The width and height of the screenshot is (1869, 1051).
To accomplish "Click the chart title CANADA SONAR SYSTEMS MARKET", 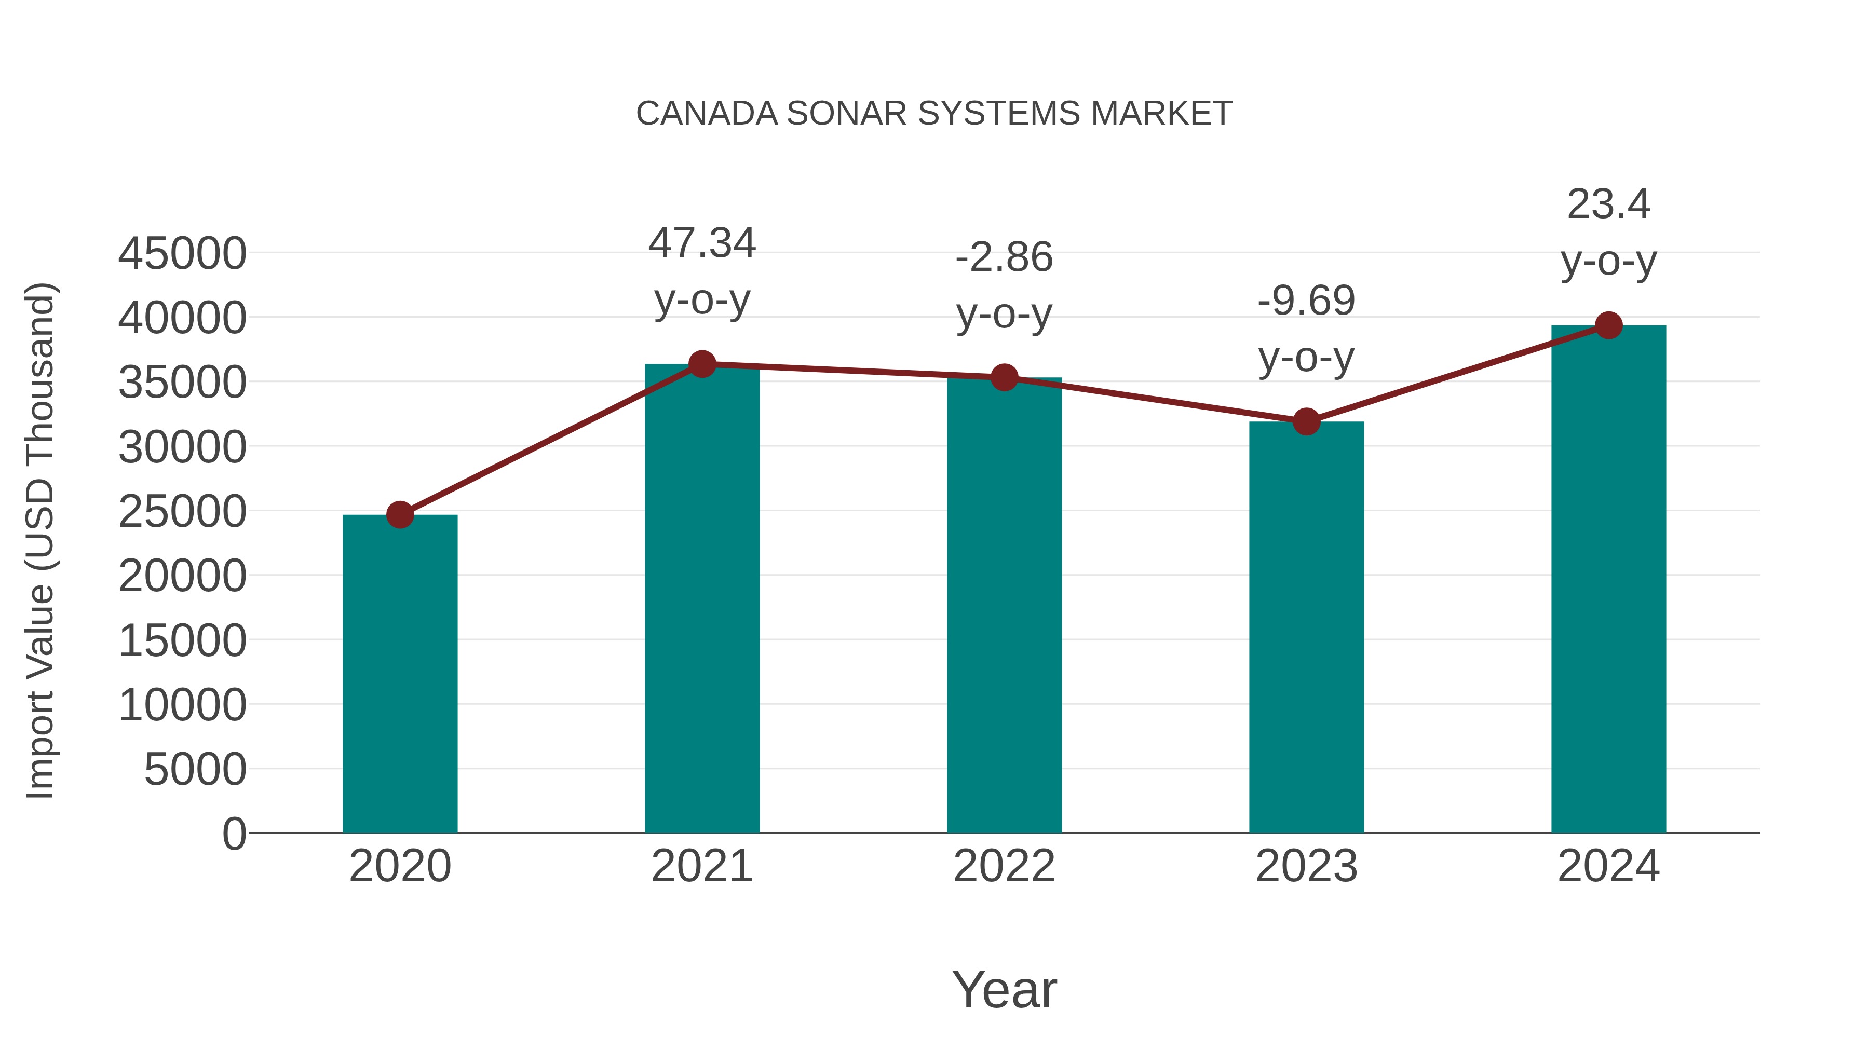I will (x=934, y=114).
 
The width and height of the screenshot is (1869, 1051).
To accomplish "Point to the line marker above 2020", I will (x=400, y=515).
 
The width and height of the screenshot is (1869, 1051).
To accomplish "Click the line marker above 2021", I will (x=701, y=364).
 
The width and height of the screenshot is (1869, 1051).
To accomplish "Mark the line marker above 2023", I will (x=1306, y=421).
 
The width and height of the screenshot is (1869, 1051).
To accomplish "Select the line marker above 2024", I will (x=1608, y=325).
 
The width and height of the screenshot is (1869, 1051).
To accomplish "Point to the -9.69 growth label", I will (x=1306, y=301).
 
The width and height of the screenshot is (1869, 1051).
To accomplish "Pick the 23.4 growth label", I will (x=1608, y=204).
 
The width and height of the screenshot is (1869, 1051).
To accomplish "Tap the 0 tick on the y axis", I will (x=234, y=834).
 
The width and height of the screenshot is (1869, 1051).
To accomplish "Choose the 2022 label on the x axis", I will (x=1004, y=866).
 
